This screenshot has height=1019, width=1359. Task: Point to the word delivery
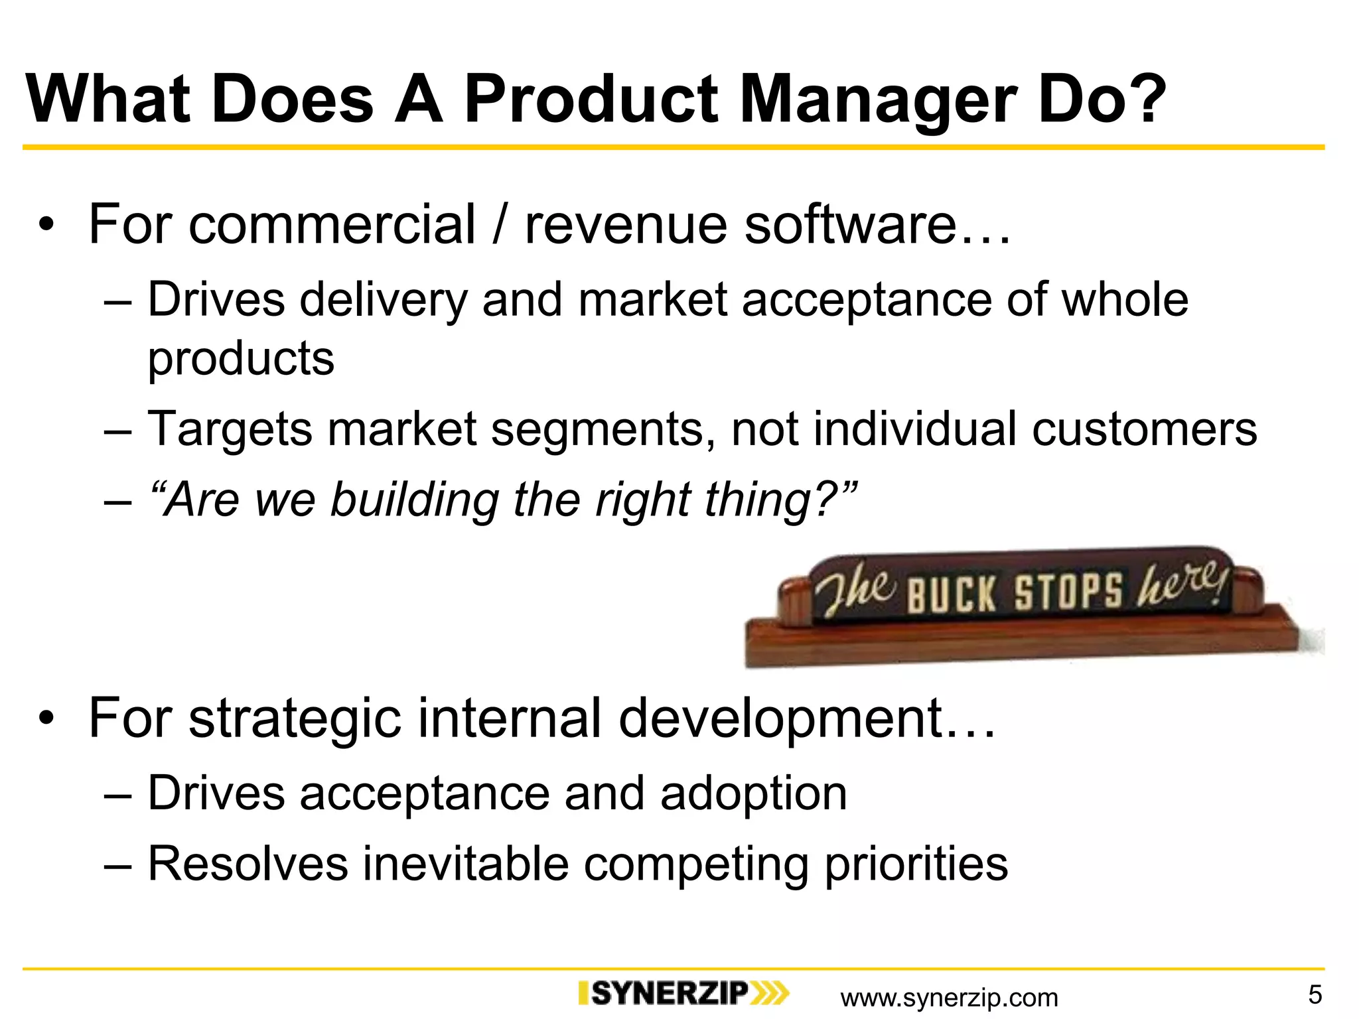[384, 300]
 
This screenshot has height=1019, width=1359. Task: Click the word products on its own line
[241, 359]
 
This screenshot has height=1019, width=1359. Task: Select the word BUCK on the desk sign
[950, 593]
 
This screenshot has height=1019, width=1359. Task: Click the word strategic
[295, 718]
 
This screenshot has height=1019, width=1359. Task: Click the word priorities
[916, 864]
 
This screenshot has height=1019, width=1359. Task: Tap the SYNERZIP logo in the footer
[683, 993]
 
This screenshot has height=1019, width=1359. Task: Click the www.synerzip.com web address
[949, 997]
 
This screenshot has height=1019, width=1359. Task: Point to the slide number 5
[1315, 994]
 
